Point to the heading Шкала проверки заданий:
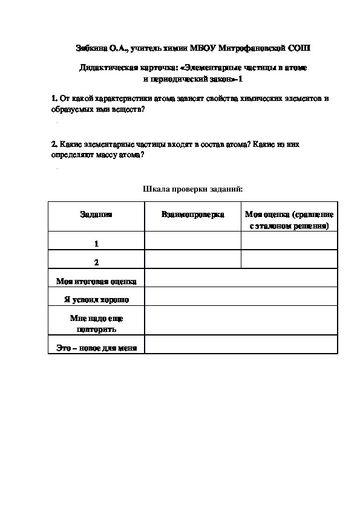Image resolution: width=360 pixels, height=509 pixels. (192, 189)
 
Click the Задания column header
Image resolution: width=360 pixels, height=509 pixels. (96, 215)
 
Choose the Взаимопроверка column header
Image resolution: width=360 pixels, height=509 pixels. (192, 215)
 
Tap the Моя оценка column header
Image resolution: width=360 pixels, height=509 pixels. (289, 219)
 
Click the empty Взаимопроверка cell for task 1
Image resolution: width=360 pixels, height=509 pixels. (192, 240)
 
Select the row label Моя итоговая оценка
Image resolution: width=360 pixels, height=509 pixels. (96, 281)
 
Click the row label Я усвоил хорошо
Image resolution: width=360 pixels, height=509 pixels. (96, 299)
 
